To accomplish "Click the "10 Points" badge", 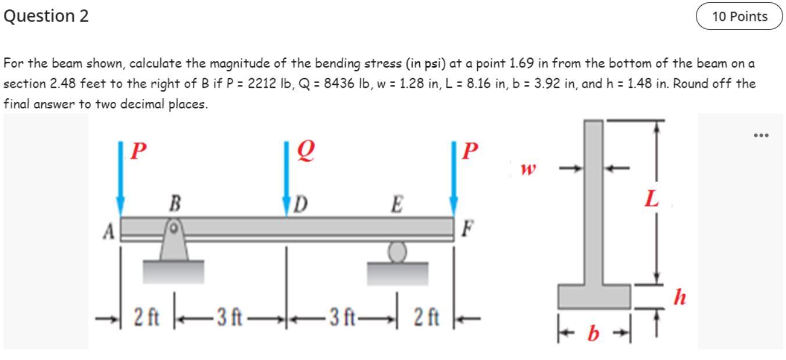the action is [740, 17].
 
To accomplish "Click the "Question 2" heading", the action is [47, 16].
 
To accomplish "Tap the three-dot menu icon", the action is [760, 136].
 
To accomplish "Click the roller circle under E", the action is [397, 252].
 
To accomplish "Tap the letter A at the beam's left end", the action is [109, 231].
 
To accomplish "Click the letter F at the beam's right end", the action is [466, 227].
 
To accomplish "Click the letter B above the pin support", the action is [173, 205].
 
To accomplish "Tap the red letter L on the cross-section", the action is [652, 200].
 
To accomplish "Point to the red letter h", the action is [679, 298].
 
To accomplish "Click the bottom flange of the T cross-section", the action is [594, 297].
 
